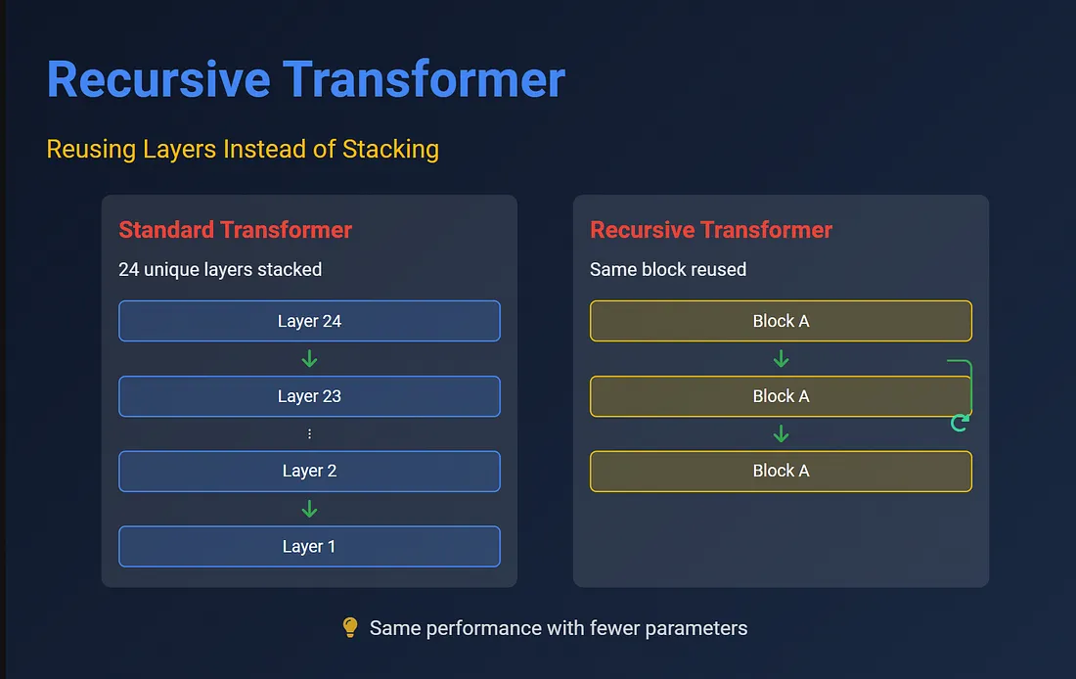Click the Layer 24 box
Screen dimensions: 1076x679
[x=309, y=321]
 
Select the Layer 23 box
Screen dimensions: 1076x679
[x=309, y=396]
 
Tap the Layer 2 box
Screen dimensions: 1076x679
[x=309, y=471]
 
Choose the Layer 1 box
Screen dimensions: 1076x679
[x=309, y=547]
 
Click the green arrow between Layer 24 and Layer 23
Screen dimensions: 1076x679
[x=309, y=358]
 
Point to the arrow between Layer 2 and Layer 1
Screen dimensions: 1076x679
[x=309, y=509]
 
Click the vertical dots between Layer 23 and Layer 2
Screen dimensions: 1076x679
[x=309, y=433]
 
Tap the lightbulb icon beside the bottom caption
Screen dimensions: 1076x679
[x=350, y=627]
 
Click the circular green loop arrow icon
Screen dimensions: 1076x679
[x=960, y=423]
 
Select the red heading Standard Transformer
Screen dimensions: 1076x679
[x=236, y=230]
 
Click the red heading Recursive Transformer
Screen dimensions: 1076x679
[x=711, y=230]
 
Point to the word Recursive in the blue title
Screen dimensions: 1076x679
[x=158, y=79]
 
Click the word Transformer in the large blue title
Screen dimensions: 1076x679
[x=425, y=79]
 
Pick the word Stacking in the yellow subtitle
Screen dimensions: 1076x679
[x=390, y=150]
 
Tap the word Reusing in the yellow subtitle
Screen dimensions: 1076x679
[x=91, y=150]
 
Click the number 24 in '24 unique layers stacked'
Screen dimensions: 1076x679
[x=128, y=269]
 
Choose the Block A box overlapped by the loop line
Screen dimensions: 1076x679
[x=781, y=396]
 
